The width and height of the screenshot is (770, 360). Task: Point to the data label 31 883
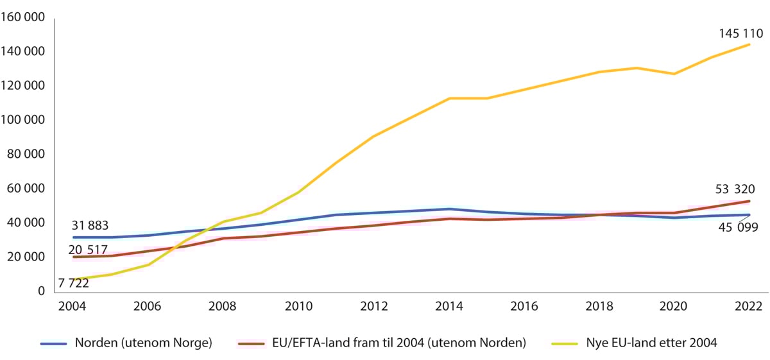tap(90, 225)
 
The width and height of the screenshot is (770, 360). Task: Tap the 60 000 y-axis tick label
tap(26, 189)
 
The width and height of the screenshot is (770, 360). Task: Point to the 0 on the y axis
tap(41, 291)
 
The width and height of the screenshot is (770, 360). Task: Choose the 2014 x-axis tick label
tap(449, 306)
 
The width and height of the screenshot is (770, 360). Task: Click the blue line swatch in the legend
tap(54, 344)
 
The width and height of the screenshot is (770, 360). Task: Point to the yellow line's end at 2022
tap(749, 44)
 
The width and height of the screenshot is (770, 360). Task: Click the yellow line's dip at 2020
tap(674, 74)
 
